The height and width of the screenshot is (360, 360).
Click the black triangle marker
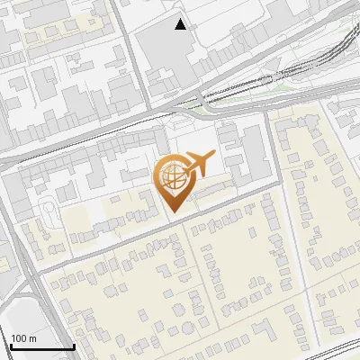182,24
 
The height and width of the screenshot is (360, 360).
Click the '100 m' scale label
23,338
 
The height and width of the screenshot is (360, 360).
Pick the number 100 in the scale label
20,338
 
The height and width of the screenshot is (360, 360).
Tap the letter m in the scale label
32,338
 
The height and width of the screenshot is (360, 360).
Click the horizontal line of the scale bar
41,347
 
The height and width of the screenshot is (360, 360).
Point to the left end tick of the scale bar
10,345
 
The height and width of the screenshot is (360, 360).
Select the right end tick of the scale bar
73,345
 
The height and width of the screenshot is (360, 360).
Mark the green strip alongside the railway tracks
270,83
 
